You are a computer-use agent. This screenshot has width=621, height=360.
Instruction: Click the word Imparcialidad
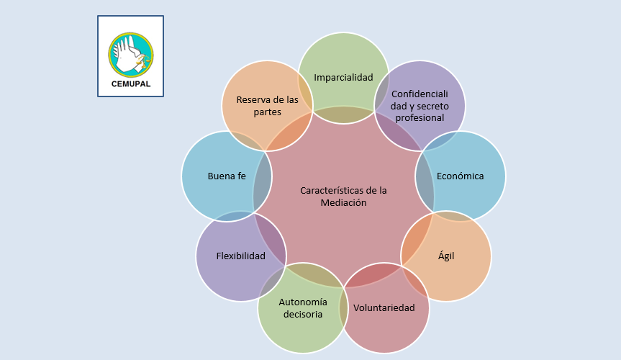pos(343,77)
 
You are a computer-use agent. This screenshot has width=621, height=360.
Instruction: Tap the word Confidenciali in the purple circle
pos(419,94)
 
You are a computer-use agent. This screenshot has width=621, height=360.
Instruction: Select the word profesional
pos(420,117)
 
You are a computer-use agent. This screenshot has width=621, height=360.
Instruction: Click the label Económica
pos(460,176)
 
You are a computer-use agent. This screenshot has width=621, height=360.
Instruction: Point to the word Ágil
pos(446,256)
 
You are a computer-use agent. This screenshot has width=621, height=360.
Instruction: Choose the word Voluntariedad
pos(384,308)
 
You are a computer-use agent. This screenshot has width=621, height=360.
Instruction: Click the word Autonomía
pos(303,302)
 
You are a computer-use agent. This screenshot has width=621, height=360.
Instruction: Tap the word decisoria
pos(302,314)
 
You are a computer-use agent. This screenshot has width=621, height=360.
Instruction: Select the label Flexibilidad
pos(240,256)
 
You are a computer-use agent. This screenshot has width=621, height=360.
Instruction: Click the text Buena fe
pos(226,176)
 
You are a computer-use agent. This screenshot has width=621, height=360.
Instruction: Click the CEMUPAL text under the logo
pos(130,83)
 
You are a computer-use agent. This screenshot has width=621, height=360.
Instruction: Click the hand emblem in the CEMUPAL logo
pos(130,55)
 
